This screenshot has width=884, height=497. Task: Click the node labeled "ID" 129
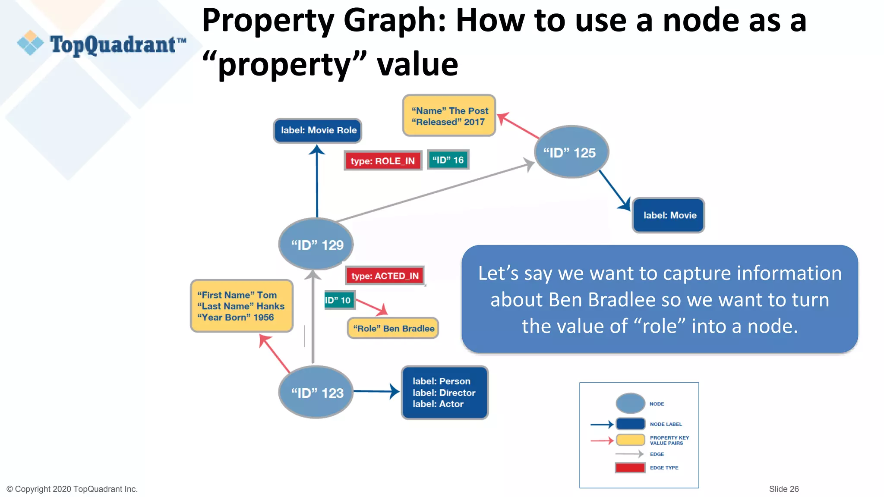click(x=316, y=244)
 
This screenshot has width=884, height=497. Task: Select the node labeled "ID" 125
click(x=571, y=152)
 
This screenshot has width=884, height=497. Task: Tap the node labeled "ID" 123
click(x=316, y=392)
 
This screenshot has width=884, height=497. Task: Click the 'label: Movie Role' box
click(x=318, y=130)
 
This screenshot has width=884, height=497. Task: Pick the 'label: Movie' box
click(x=669, y=215)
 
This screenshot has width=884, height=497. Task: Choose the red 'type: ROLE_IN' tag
click(x=382, y=161)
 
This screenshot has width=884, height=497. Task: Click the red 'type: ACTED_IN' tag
click(x=385, y=276)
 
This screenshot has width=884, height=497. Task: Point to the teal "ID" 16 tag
click(x=448, y=160)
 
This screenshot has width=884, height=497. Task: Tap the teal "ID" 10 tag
click(x=339, y=300)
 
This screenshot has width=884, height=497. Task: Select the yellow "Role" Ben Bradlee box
click(x=393, y=328)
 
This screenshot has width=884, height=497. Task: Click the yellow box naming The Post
click(x=449, y=116)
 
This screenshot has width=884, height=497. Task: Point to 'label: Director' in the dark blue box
click(x=444, y=393)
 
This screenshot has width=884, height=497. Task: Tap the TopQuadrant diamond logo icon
click(x=30, y=43)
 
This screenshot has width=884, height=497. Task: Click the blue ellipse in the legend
click(x=630, y=403)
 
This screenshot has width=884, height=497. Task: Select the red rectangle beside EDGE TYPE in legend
click(x=630, y=468)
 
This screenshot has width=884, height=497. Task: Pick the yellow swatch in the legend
click(x=631, y=440)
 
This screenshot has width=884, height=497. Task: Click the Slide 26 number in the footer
click(x=783, y=489)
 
